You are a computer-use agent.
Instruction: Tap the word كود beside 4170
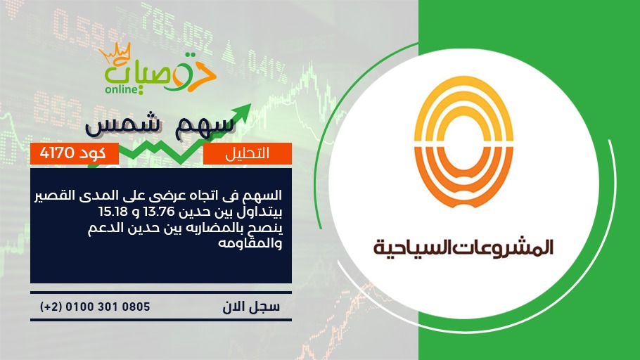[92, 153]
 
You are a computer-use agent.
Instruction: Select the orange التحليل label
[248, 153]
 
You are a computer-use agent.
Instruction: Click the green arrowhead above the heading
[243, 112]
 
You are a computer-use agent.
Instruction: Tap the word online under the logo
[121, 89]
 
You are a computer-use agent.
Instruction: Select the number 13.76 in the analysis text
[160, 212]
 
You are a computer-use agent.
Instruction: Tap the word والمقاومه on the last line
[250, 244]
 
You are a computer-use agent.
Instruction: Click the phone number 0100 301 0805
[108, 307]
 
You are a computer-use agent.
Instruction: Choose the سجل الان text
[251, 307]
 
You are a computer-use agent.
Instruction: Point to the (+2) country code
[51, 307]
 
